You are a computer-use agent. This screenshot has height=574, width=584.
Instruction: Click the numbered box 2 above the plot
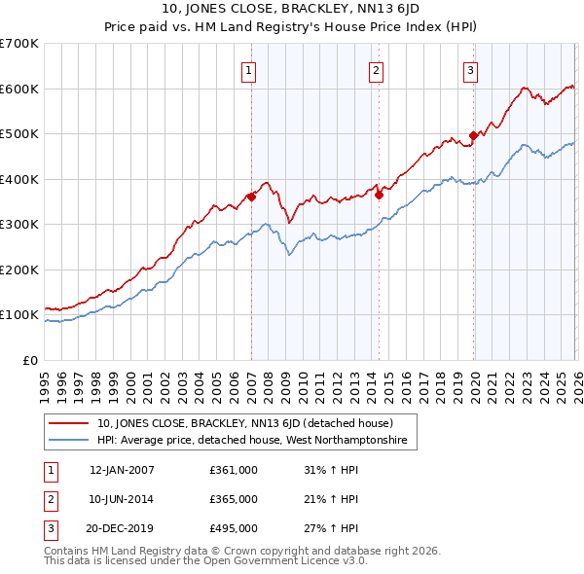point(376,70)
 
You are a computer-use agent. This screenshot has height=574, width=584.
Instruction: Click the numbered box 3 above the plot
point(470,70)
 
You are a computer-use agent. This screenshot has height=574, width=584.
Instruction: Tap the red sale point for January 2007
point(251,197)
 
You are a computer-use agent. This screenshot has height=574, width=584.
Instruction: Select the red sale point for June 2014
point(379,195)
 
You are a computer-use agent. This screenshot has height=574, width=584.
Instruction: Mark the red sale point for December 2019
point(474,136)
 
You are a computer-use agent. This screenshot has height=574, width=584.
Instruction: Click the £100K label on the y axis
point(19,315)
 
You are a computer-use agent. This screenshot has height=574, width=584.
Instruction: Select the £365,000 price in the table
point(234,499)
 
